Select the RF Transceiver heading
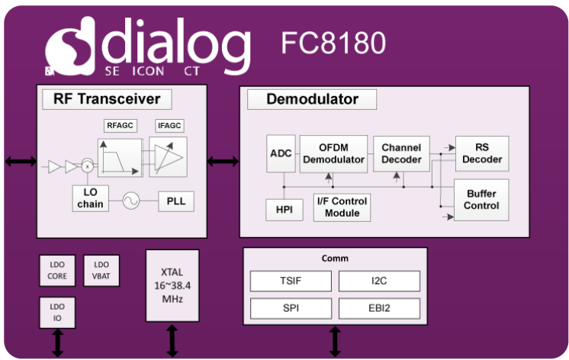coord(107,99)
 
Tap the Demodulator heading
coord(312,99)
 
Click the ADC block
coord(280,155)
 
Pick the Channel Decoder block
coord(401,154)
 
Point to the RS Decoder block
coord(482,154)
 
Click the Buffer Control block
coord(482,200)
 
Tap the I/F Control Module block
coord(342,207)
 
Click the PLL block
coord(176,201)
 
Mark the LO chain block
coord(91,198)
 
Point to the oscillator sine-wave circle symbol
coord(130,201)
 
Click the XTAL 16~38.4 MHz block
coord(172,286)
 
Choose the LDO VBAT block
coord(101,269)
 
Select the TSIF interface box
coord(291,281)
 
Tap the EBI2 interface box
coord(379,308)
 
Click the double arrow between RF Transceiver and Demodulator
coord(223,161)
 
